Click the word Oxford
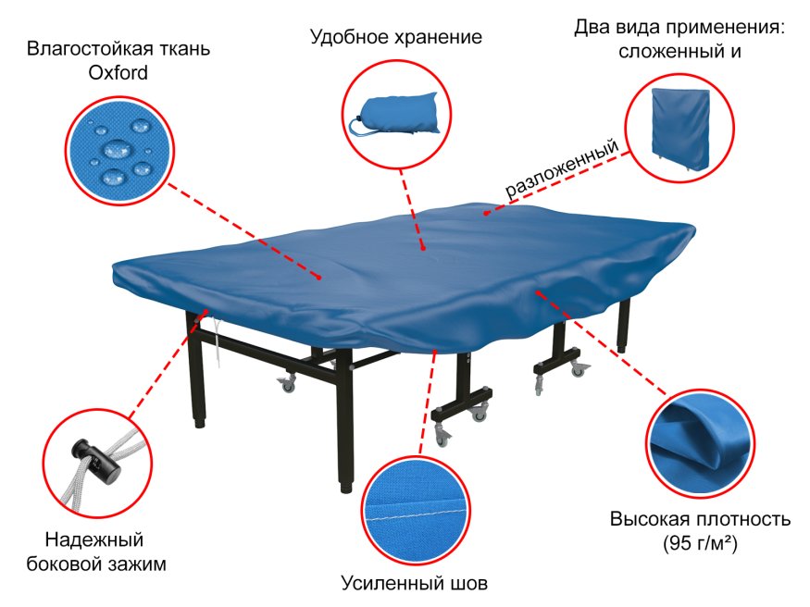(118, 72)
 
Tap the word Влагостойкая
(76, 47)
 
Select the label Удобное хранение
(396, 38)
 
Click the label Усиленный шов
(414, 583)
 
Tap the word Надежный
(94, 539)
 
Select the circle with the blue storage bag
(396, 116)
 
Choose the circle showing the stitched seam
(415, 508)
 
